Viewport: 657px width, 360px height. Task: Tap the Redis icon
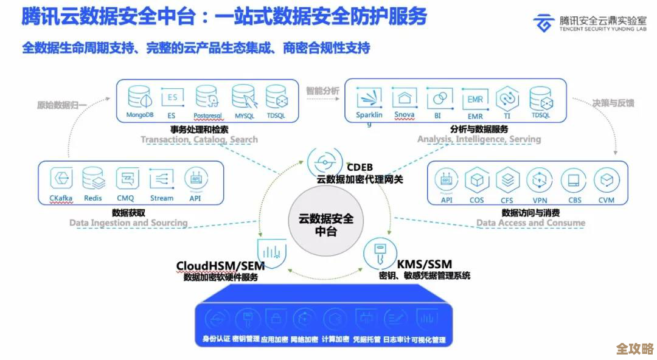point(93,179)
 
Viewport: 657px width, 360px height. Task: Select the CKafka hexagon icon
point(60,179)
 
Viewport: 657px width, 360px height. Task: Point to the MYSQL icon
point(244,97)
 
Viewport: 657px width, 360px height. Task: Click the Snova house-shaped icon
point(404,97)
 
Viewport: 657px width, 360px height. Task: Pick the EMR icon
point(474,98)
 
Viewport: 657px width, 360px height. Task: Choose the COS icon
point(476,181)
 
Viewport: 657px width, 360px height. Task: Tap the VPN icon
point(539,181)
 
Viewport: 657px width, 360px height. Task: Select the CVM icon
point(606,181)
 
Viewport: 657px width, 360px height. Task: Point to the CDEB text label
point(360,167)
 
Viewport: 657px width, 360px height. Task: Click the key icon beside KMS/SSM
point(378,255)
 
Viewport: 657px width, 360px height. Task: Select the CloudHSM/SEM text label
point(220,266)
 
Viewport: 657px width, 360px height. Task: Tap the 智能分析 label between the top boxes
point(322,91)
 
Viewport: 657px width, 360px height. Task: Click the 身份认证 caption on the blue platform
point(216,339)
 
